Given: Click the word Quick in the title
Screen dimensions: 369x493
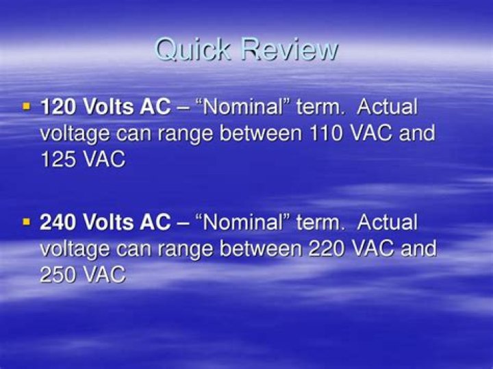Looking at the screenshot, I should (x=191, y=50).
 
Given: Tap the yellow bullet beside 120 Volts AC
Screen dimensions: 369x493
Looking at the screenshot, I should (x=27, y=107).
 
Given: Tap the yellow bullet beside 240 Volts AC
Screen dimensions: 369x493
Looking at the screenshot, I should (x=27, y=222).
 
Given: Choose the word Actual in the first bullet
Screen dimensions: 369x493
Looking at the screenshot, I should (x=388, y=107).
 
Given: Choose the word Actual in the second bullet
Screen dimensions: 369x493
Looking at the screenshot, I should (x=388, y=222).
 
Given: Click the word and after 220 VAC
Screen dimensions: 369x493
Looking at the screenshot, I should (x=418, y=248).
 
